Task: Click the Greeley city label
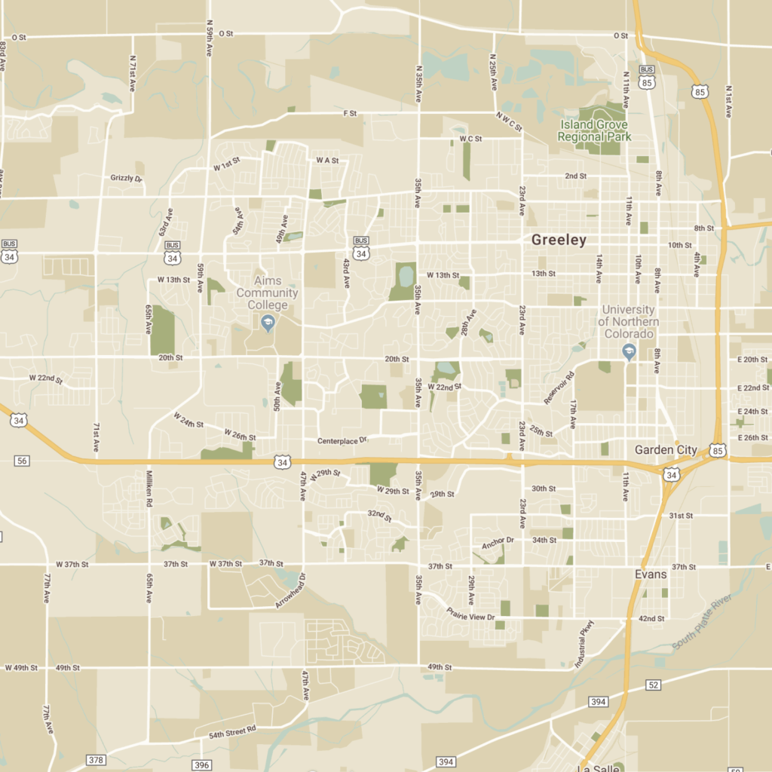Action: pos(559,240)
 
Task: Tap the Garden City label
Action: pos(666,450)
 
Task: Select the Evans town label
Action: pos(650,574)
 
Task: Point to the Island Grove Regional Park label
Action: pos(595,130)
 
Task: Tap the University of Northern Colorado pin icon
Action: pos(629,351)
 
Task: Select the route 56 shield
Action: pos(21,461)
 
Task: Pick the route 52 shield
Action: pos(654,685)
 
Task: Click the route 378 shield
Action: pos(96,760)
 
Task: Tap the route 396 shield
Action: pos(201,765)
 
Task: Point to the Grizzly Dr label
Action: pos(126,179)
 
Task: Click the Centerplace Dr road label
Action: pos(342,440)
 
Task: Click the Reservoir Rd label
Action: pos(559,388)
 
